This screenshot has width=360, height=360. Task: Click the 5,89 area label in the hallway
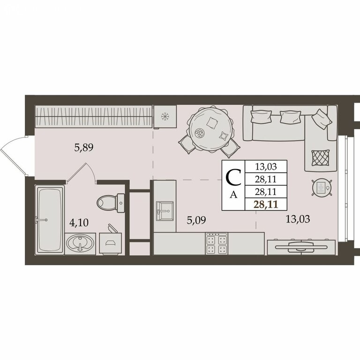(x=84, y=148)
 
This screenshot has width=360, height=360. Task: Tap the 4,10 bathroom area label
(x=79, y=223)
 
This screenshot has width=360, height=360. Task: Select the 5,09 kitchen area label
(x=196, y=220)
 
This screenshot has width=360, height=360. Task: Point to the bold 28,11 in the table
(x=266, y=204)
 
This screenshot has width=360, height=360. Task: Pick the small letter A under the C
(x=233, y=195)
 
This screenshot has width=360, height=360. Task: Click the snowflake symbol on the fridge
(x=165, y=116)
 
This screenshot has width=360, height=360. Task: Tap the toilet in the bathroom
(x=111, y=202)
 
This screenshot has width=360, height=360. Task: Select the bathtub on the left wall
(x=50, y=219)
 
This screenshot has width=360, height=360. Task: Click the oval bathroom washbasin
(x=80, y=243)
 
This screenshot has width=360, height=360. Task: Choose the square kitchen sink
(x=165, y=210)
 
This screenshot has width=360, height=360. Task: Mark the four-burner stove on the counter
(x=217, y=244)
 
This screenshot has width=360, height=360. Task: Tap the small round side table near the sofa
(x=322, y=187)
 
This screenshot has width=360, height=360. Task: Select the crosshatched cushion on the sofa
(x=320, y=157)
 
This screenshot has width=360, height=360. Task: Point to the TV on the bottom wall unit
(x=301, y=247)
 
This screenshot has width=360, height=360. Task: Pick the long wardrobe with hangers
(x=93, y=116)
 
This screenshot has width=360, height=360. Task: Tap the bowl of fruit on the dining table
(x=199, y=133)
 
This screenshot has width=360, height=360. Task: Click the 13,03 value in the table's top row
(x=266, y=166)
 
